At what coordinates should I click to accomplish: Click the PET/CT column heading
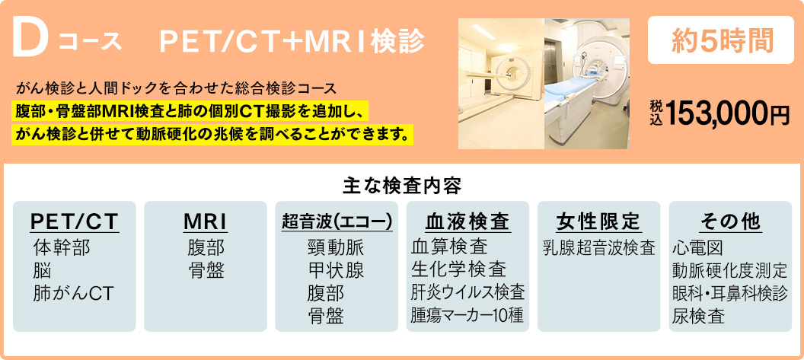tap(75, 221)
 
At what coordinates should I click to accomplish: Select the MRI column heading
tap(206, 221)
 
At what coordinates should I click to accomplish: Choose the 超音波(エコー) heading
tap(337, 221)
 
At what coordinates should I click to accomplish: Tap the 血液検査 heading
tap(467, 221)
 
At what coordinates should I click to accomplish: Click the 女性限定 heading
tap(598, 221)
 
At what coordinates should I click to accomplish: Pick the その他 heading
tap(730, 221)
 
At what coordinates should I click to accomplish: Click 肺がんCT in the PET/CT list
tap(73, 293)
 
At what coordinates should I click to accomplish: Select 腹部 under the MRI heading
tap(206, 247)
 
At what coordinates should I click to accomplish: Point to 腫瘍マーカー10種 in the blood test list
tap(467, 315)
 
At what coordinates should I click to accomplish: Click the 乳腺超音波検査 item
tap(599, 247)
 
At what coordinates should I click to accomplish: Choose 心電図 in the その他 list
tap(698, 247)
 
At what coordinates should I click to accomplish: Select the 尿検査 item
tap(698, 316)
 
